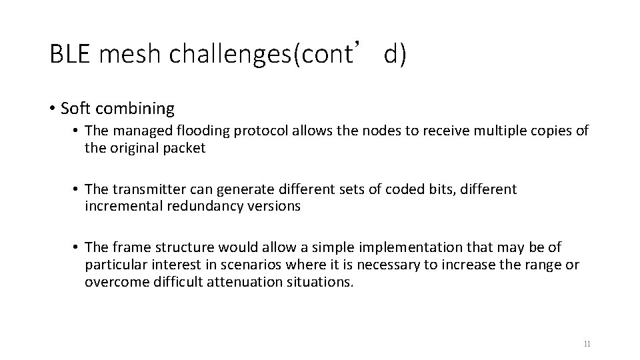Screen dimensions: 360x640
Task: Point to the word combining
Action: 142,108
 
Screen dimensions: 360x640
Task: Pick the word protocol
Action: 249,131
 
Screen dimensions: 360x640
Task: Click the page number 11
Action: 587,344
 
